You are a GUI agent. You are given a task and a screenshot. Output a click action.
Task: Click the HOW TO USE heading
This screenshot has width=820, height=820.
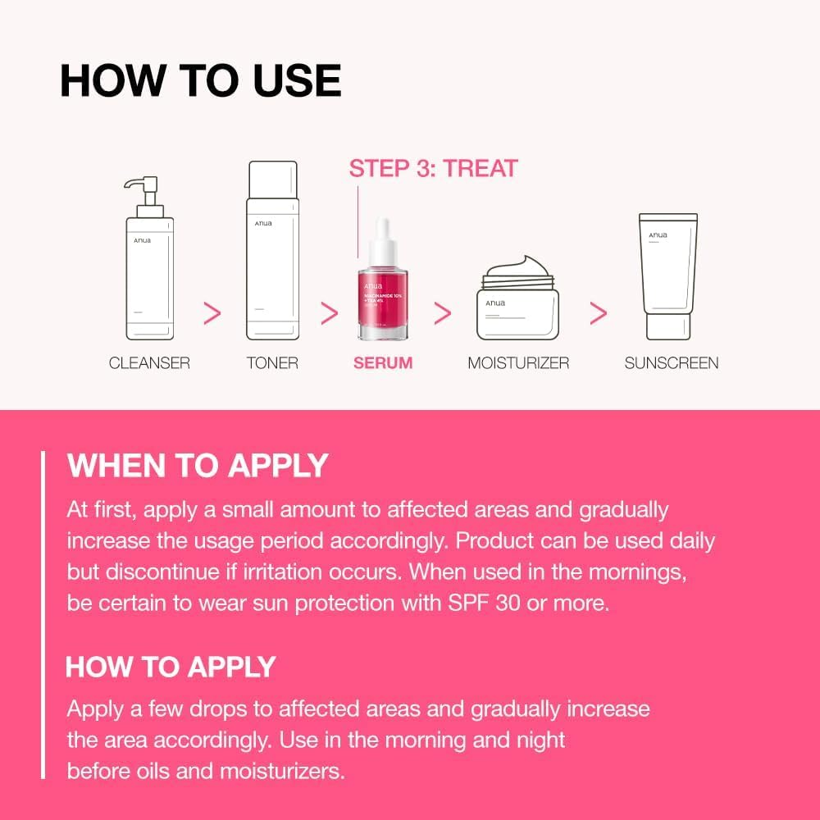tap(200, 80)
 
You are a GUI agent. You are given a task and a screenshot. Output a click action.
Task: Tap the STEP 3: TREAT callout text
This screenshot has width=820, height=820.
tap(433, 169)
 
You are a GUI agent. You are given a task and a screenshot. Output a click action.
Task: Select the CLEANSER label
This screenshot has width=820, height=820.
tap(149, 362)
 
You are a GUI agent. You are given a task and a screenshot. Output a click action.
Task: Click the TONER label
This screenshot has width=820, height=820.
tap(272, 362)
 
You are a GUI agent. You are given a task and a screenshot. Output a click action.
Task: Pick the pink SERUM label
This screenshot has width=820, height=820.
tap(383, 362)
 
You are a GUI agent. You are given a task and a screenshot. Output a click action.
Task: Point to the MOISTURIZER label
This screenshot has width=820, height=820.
tap(518, 362)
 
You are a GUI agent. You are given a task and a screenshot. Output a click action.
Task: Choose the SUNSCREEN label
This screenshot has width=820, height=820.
tap(672, 362)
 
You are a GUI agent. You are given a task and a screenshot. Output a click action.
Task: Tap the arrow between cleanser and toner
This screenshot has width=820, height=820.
tap(212, 312)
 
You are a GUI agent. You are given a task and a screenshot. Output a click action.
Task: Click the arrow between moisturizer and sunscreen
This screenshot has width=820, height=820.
tap(599, 312)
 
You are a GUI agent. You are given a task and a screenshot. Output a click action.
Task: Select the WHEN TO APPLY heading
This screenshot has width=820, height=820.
tap(198, 466)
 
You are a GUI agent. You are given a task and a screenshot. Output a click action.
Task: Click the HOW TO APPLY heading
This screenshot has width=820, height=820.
tap(171, 667)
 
